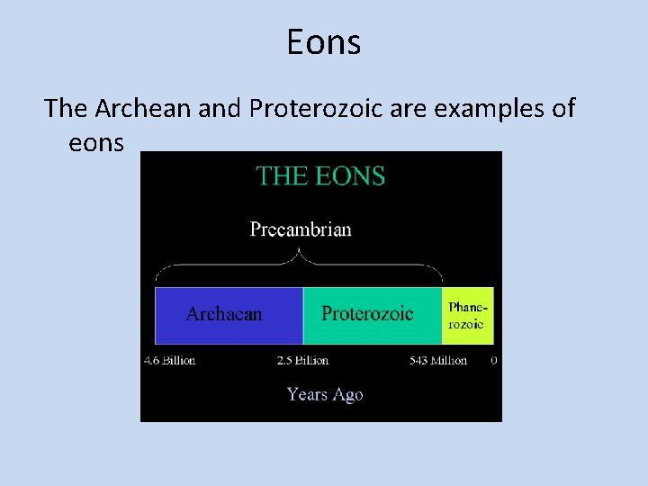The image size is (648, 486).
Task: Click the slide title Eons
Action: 323,42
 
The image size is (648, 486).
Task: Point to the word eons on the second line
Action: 95,142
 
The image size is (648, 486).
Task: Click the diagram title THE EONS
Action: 320,175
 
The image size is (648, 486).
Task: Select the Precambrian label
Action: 301,229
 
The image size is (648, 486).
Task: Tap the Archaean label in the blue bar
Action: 224,314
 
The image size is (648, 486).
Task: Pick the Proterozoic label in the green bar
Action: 367,313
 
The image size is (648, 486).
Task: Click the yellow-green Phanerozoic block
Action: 468,315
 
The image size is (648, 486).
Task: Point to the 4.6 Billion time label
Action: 169,360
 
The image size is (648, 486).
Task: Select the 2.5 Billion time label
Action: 302,360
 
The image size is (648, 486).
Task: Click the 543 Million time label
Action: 437,360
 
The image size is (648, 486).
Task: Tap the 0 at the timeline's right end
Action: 494,360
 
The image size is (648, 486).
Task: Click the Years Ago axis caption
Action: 324,394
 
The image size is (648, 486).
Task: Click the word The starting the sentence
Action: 65,108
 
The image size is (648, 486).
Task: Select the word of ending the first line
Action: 562,108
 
